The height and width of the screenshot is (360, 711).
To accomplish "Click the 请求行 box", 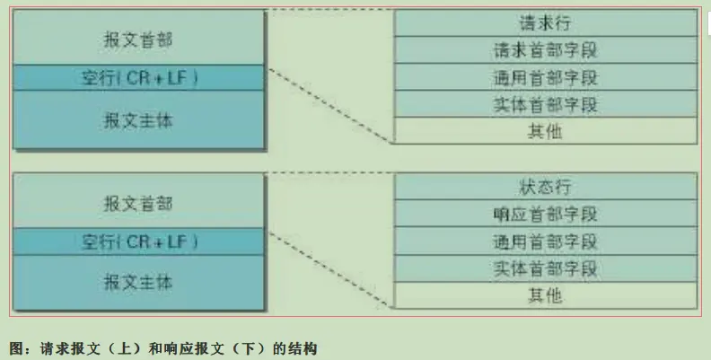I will [x=546, y=22].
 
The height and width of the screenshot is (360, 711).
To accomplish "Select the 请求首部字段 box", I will [x=546, y=49].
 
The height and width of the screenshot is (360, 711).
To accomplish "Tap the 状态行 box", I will [x=546, y=187].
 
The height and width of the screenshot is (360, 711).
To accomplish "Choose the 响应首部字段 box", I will [x=546, y=214].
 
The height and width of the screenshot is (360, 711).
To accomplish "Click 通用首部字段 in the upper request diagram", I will [x=546, y=76].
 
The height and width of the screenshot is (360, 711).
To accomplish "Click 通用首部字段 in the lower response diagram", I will [x=546, y=241].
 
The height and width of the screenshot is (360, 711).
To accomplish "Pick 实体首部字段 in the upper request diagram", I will [x=546, y=103].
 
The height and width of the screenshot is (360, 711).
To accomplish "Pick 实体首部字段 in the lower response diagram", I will [x=546, y=268].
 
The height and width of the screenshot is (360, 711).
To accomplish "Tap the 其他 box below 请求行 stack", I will [x=546, y=131].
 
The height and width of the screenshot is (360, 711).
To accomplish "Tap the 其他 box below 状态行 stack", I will [x=546, y=294].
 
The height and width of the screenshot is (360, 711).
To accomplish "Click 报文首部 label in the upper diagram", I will [x=138, y=40].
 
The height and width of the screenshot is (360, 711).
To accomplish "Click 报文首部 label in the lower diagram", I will [x=138, y=203].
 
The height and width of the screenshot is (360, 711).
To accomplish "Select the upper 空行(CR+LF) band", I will [x=138, y=78].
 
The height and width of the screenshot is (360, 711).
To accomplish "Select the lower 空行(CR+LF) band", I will [x=138, y=241].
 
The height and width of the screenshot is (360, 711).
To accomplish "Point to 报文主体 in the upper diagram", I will [x=138, y=119].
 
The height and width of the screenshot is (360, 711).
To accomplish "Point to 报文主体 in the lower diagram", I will [x=138, y=282].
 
